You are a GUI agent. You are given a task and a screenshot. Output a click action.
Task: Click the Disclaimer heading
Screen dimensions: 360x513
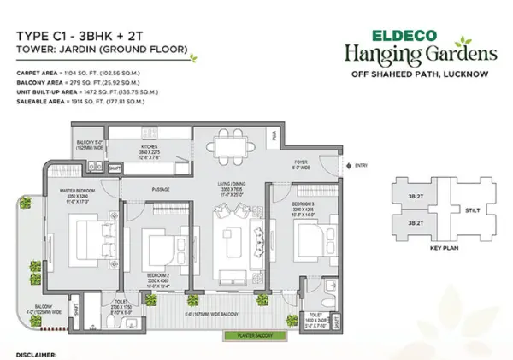35,352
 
